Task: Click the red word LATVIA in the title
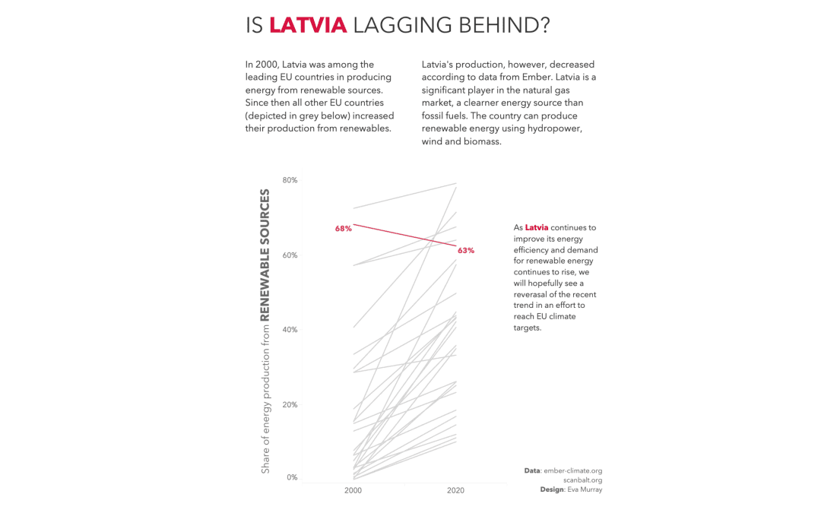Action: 308,25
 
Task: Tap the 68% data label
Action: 344,229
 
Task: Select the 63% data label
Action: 466,250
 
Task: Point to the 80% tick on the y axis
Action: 290,180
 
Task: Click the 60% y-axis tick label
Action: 290,255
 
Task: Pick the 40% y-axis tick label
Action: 290,330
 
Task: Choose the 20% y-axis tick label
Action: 290,404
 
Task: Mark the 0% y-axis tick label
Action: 292,477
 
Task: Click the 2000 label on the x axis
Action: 353,491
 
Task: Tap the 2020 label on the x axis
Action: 456,491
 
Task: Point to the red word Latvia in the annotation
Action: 537,227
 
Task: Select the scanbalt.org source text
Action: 582,480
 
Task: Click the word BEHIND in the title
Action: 502,25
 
